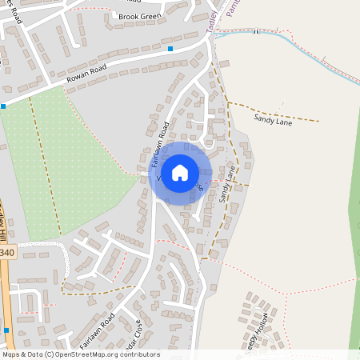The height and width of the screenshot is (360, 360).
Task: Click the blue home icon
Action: [x=180, y=172]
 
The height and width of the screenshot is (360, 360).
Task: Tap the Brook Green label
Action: [x=139, y=16]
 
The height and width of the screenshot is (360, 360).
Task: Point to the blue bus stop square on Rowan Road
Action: [x=170, y=50]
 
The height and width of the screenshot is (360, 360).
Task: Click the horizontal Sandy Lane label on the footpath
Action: [x=273, y=119]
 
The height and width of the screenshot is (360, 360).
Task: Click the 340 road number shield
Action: [x=7, y=253]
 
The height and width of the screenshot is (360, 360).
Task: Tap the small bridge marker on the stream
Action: [x=255, y=32]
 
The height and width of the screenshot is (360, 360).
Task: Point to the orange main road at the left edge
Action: [x=4, y=304]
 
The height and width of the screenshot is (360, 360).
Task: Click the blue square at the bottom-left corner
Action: [x=6, y=330]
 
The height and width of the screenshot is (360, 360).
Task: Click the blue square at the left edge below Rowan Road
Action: [x=3, y=105]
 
